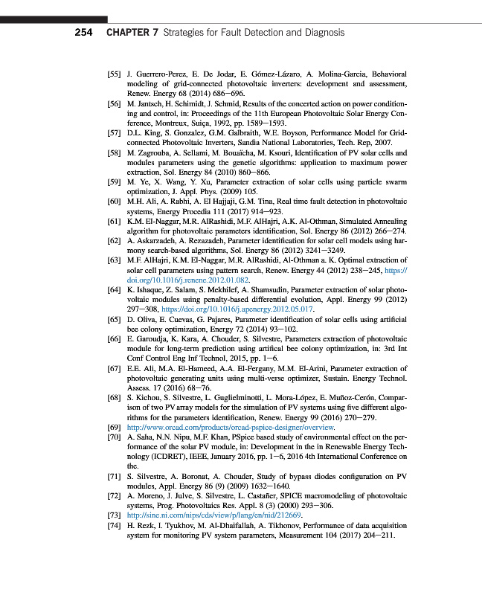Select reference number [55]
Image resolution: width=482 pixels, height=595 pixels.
115,76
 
